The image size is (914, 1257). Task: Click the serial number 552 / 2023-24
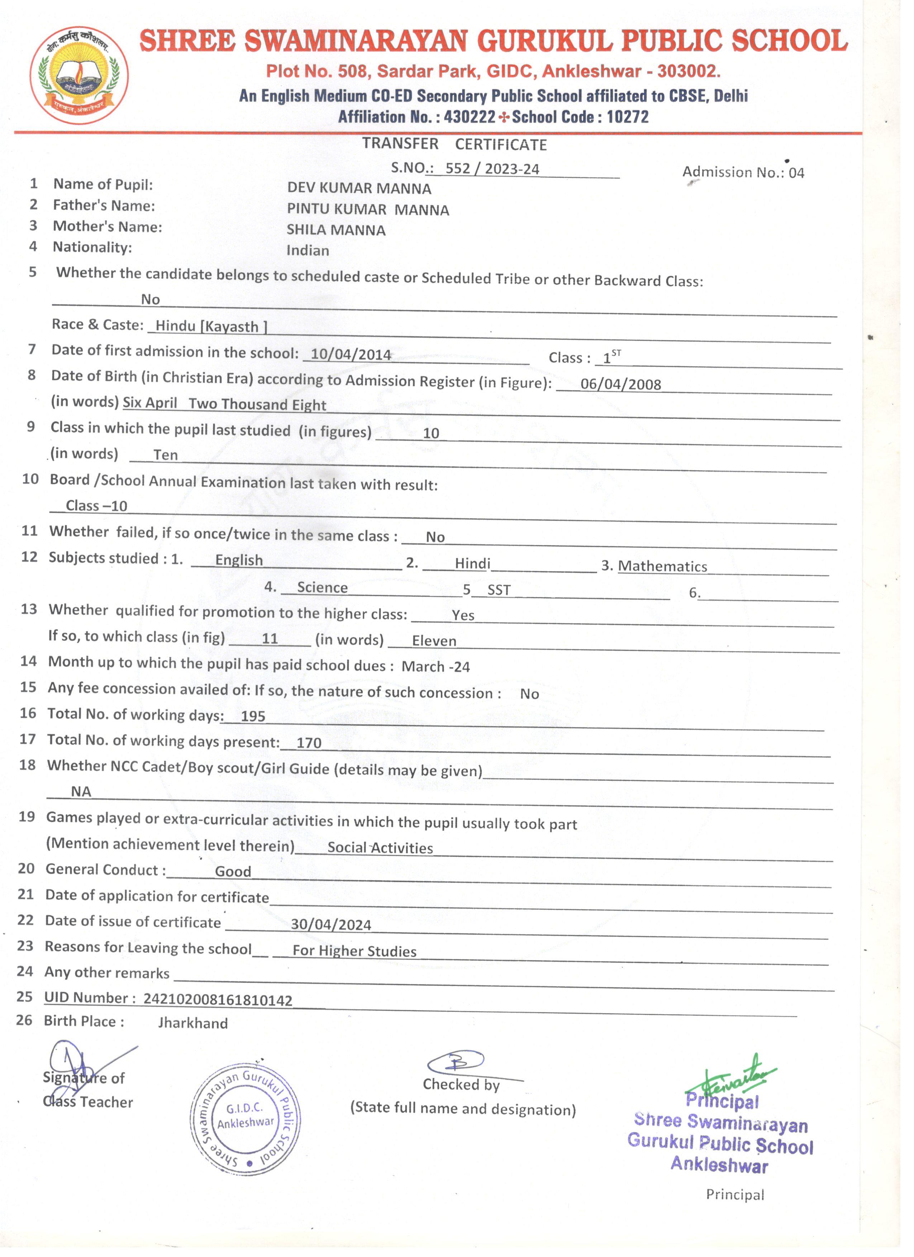pyautogui.click(x=492, y=169)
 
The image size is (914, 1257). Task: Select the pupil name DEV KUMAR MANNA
pyautogui.click(x=359, y=189)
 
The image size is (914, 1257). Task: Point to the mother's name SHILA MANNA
pyautogui.click(x=336, y=230)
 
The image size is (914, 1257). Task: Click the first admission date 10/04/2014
pyautogui.click(x=351, y=355)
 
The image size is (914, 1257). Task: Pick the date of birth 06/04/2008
pyautogui.click(x=621, y=384)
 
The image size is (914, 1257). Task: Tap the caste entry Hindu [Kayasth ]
pyautogui.click(x=211, y=327)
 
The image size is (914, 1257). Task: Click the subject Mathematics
pyautogui.click(x=662, y=566)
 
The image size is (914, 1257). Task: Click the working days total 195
pyautogui.click(x=253, y=716)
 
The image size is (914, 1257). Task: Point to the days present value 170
pyautogui.click(x=309, y=743)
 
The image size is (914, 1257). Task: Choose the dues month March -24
pyautogui.click(x=435, y=666)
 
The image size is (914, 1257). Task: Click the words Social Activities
pyautogui.click(x=380, y=847)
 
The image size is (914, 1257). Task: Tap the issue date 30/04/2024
pyautogui.click(x=331, y=924)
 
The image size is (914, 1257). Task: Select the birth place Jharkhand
pyautogui.click(x=193, y=1023)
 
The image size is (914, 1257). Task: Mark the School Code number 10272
pyautogui.click(x=628, y=117)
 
